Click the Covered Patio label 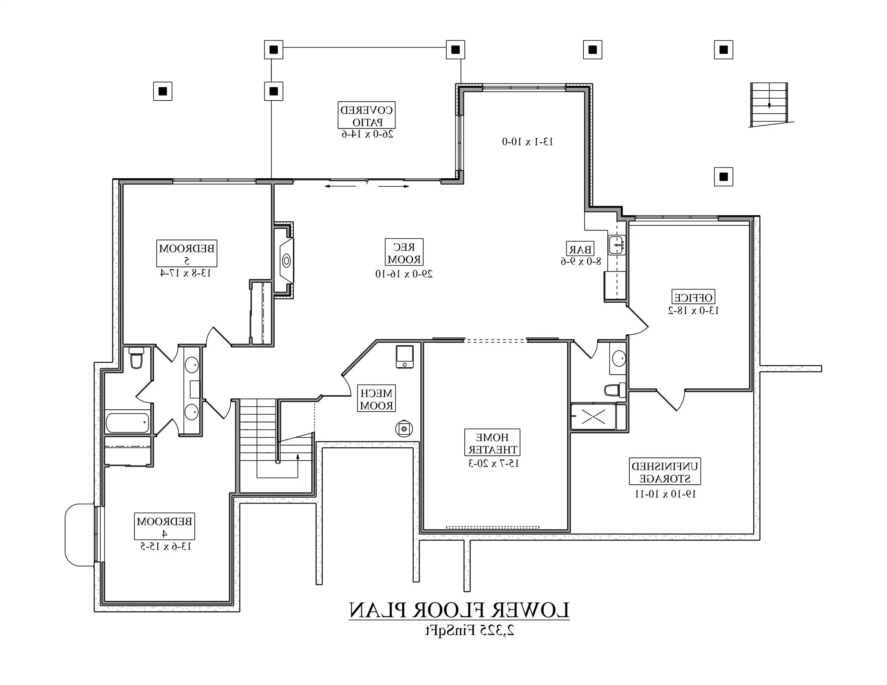click(366, 115)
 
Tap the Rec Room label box click(404, 252)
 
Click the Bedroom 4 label click(164, 526)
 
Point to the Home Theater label click(492, 443)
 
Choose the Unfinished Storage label click(665, 472)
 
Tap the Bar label click(580, 249)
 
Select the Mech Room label click(376, 399)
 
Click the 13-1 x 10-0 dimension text click(527, 142)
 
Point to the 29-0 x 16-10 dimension click(404, 274)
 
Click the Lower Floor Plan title click(459, 610)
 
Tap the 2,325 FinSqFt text click(470, 630)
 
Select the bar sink click(617, 245)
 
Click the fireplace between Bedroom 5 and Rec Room click(286, 260)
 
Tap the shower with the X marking click(593, 416)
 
